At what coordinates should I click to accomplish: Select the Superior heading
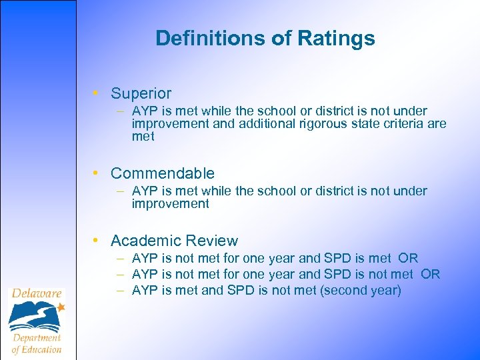pyautogui.click(x=141, y=93)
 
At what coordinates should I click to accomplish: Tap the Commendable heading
pyautogui.click(x=162, y=173)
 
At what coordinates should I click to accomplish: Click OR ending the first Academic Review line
pyautogui.click(x=408, y=258)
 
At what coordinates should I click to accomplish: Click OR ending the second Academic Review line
pyautogui.click(x=431, y=275)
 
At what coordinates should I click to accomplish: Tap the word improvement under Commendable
pyautogui.click(x=170, y=204)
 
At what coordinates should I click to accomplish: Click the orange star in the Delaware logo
pyautogui.click(x=61, y=307)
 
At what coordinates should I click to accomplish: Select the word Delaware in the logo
pyautogui.click(x=36, y=293)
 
